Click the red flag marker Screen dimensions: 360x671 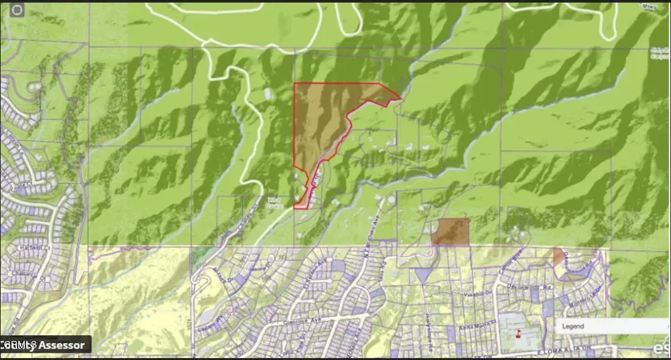518,334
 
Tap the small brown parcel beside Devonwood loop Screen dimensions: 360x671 559,256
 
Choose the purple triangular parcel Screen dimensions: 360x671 423,275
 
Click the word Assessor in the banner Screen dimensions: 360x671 62,345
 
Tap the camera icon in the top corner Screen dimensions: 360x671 16,9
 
